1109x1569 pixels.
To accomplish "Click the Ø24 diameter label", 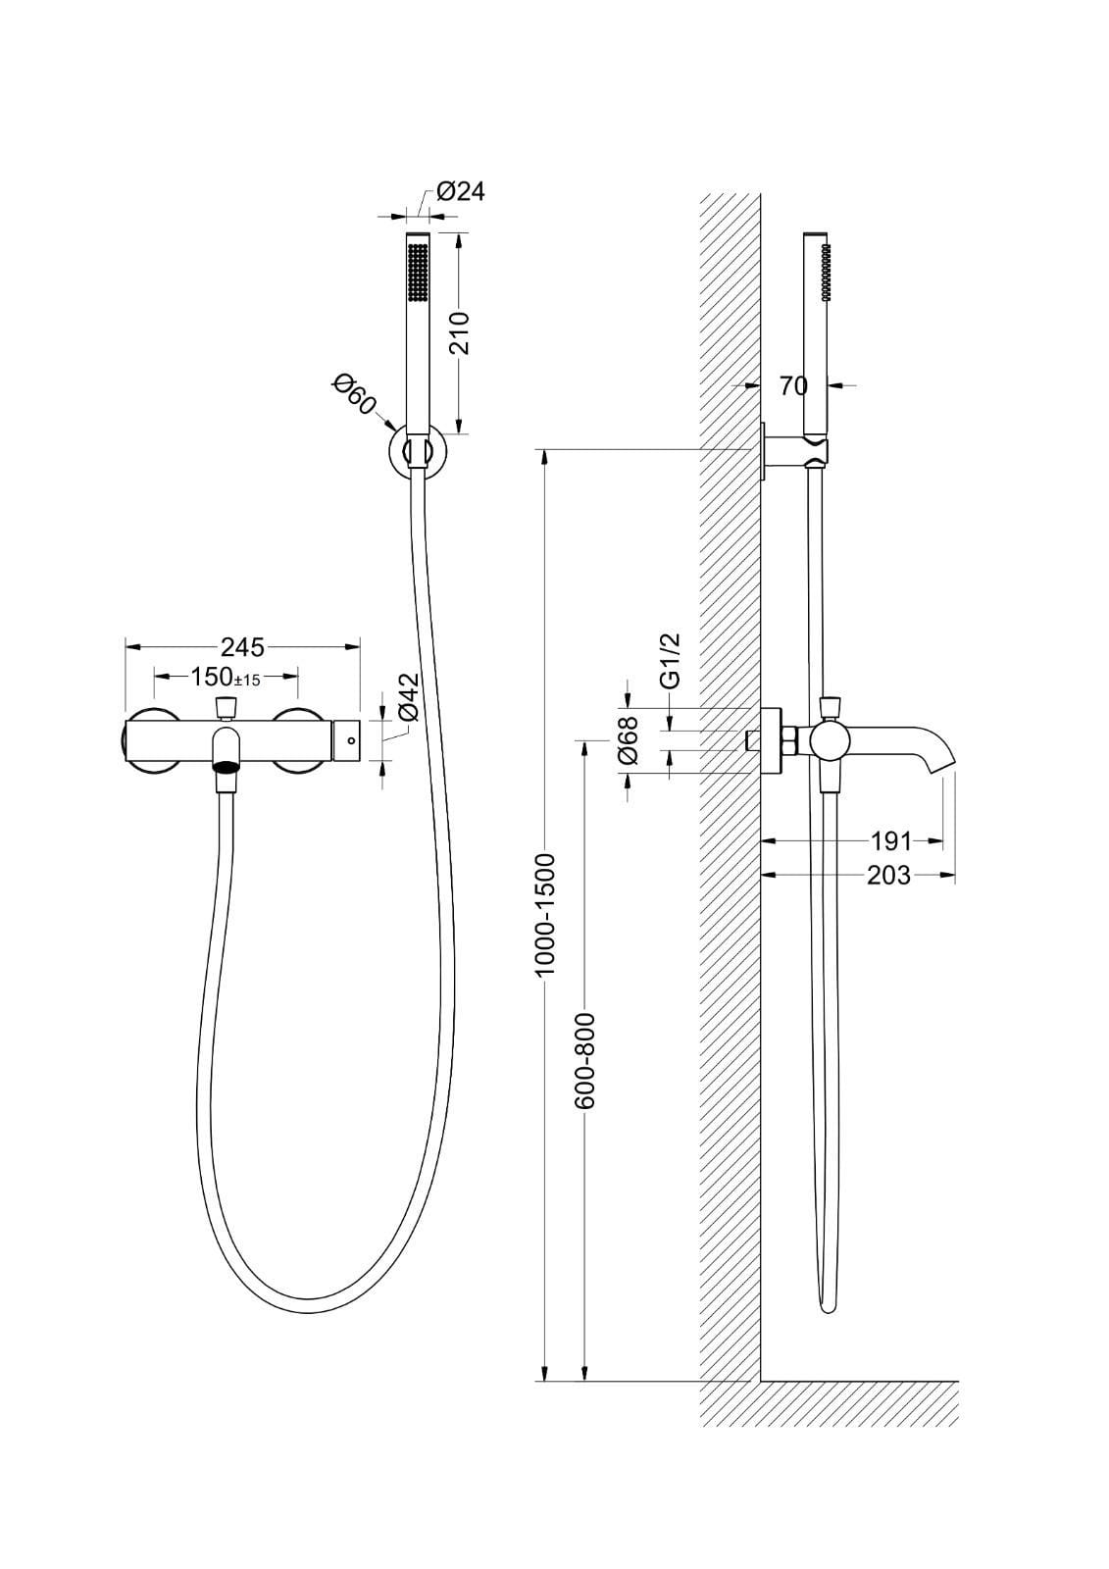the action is coord(460,191).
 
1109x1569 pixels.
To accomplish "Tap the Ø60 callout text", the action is coord(355,395).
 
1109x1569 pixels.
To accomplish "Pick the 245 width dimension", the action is coord(242,646).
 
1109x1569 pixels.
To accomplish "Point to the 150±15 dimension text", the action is coord(226,678).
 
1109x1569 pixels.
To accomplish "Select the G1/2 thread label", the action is coord(671,662).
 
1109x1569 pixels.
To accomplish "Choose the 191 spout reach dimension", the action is coord(891,840).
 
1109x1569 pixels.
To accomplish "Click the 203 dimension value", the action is coord(888,875).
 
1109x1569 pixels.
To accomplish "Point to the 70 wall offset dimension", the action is coord(793,385).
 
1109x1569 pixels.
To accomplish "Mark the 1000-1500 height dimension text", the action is coord(544,914).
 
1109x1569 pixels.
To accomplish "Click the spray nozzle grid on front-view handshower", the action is coord(418,273).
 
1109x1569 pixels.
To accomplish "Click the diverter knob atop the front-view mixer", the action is coord(225,708).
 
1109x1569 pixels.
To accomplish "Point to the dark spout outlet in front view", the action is coord(226,767).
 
